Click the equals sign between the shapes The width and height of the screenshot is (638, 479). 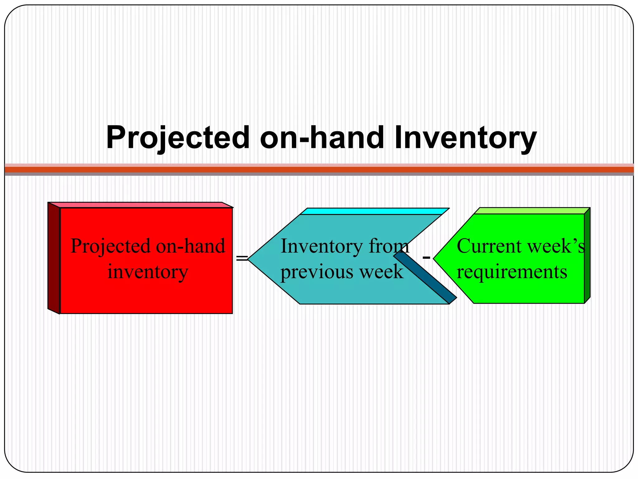(242, 258)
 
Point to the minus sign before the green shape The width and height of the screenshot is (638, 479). (426, 258)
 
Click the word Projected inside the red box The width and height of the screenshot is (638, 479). (111, 246)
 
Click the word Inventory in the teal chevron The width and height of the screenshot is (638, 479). (322, 246)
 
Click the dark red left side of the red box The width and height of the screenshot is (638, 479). (54, 258)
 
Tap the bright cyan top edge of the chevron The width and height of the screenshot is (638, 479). (374, 211)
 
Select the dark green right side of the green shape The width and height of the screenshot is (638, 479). (587, 256)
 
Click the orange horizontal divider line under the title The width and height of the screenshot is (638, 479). (319, 170)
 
